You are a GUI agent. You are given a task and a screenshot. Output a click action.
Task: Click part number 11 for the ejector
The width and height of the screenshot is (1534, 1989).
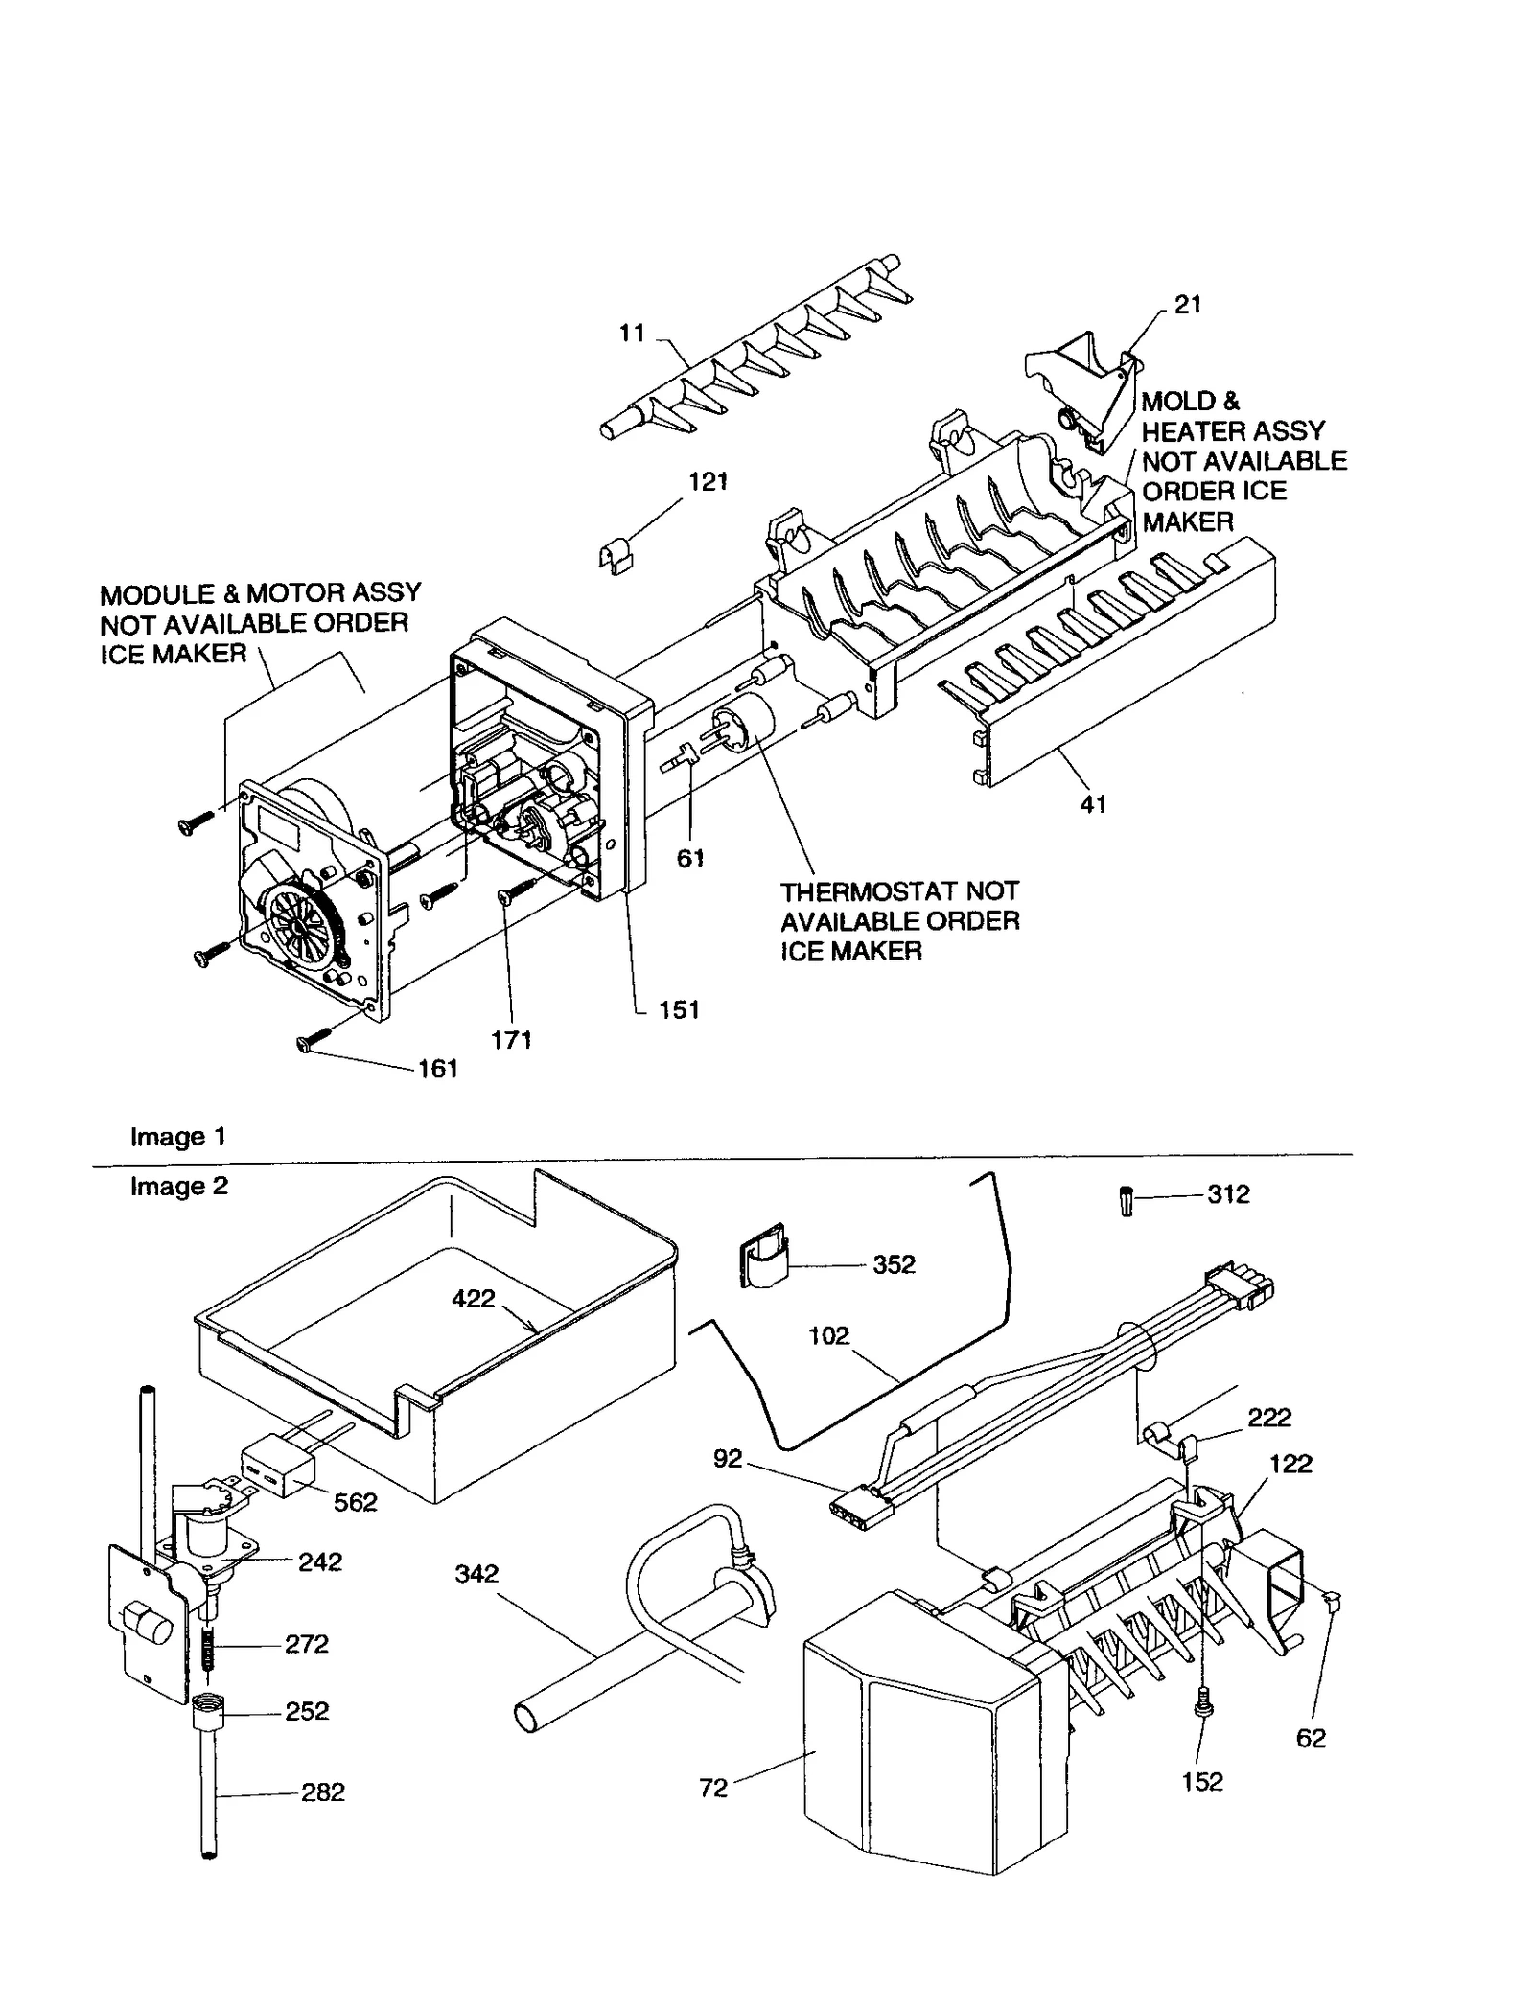click(632, 334)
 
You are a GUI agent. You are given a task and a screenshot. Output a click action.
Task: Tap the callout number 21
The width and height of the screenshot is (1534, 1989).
click(1188, 304)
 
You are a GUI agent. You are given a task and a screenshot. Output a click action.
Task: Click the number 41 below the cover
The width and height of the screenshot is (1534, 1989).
click(1093, 805)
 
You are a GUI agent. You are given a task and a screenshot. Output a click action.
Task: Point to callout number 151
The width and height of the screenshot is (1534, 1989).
click(679, 1009)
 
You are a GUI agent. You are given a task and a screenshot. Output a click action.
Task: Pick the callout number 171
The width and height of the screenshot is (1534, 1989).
click(511, 1039)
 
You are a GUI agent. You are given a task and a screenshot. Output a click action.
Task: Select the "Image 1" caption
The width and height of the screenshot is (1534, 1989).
click(178, 1137)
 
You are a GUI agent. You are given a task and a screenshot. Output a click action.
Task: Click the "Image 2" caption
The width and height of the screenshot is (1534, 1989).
click(179, 1187)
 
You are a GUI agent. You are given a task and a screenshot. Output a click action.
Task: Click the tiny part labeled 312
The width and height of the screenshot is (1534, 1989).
click(1127, 1201)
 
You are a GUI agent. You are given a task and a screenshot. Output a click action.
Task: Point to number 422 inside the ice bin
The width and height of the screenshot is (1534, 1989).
click(474, 1299)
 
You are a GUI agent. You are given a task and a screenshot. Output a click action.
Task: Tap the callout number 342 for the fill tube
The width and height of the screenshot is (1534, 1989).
click(476, 1573)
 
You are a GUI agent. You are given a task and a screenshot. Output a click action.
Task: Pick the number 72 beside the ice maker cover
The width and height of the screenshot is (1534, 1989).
click(713, 1789)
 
